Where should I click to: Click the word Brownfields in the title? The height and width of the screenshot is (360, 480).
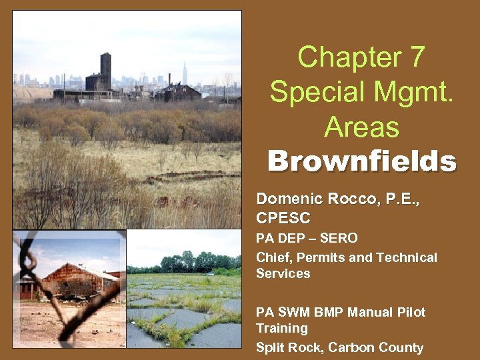pyautogui.click(x=362, y=161)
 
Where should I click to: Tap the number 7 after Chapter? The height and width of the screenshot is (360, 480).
pyautogui.click(x=418, y=57)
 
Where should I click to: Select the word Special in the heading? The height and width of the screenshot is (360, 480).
pyautogui.click(x=317, y=92)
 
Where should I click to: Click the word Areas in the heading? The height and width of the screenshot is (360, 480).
pyautogui.click(x=361, y=127)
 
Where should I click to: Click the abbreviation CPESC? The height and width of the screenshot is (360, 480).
pyautogui.click(x=283, y=218)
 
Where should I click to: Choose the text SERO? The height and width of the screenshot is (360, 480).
pyautogui.click(x=339, y=238)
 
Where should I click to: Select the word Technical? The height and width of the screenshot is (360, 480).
pyautogui.click(x=407, y=257)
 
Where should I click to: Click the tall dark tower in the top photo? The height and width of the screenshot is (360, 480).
pyautogui.click(x=105, y=71)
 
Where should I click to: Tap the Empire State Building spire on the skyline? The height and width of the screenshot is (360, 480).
pyautogui.click(x=185, y=73)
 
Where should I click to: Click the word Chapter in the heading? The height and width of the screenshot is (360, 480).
pyautogui.click(x=349, y=57)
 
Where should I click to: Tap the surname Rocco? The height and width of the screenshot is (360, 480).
pyautogui.click(x=352, y=199)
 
